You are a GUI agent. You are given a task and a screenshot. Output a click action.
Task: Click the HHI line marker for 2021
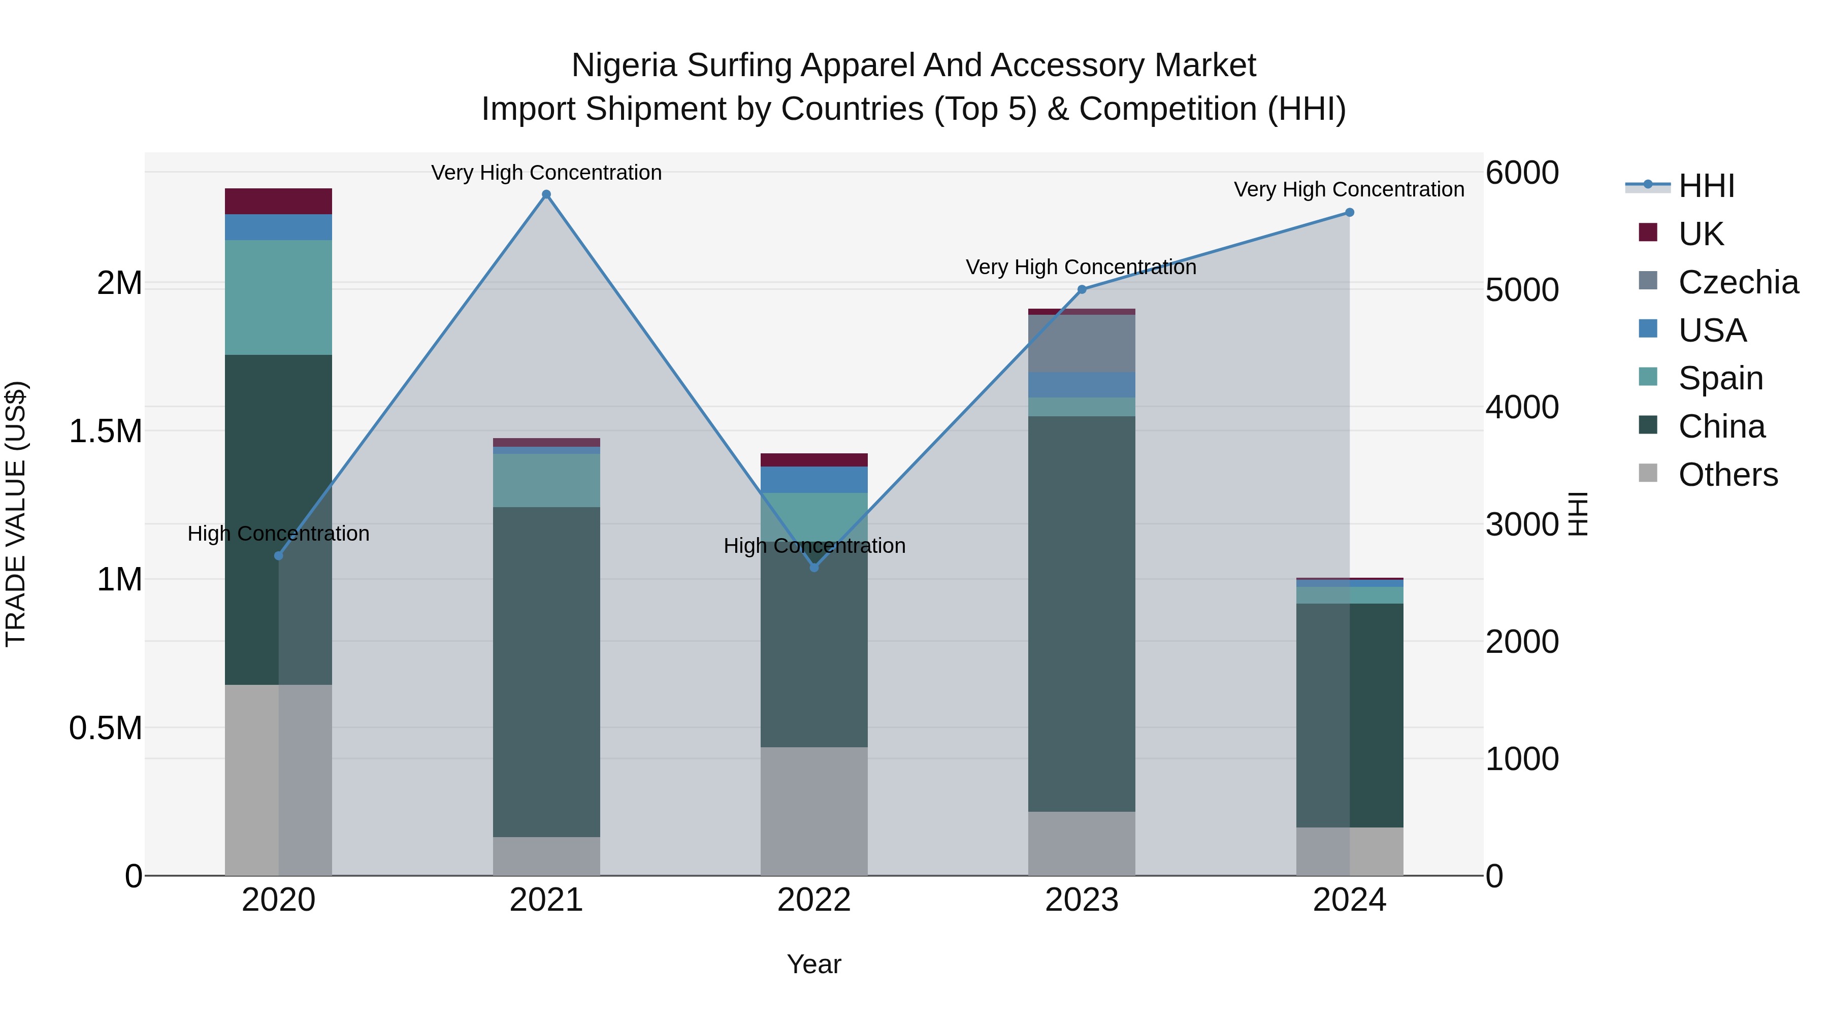pos(546,194)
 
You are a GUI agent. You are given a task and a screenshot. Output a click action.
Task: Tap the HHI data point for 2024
pos(1349,212)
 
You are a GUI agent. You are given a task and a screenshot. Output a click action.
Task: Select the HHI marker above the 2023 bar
pos(1082,289)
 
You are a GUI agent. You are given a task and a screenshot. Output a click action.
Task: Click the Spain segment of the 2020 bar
pos(278,297)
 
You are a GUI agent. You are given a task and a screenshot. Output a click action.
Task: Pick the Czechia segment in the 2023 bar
pos(1082,343)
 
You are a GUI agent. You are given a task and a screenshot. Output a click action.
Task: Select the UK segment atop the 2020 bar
pos(278,202)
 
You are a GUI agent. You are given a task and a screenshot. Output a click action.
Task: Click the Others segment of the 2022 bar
pos(814,811)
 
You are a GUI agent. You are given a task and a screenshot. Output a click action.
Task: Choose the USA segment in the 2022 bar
pos(814,480)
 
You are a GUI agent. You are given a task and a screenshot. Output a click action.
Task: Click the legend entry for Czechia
pos(1738,282)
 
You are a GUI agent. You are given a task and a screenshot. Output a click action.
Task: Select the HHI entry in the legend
pos(1706,186)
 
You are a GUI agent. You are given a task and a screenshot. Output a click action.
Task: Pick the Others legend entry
pos(1727,475)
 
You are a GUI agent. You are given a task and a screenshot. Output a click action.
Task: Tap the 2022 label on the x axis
pos(814,900)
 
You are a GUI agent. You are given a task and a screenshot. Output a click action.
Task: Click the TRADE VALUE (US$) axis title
pos(16,514)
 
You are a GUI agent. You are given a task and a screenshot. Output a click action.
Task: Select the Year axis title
pos(814,964)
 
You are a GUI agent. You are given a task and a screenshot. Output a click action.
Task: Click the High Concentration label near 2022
pos(814,546)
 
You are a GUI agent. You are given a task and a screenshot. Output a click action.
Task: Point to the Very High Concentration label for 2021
pos(546,173)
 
